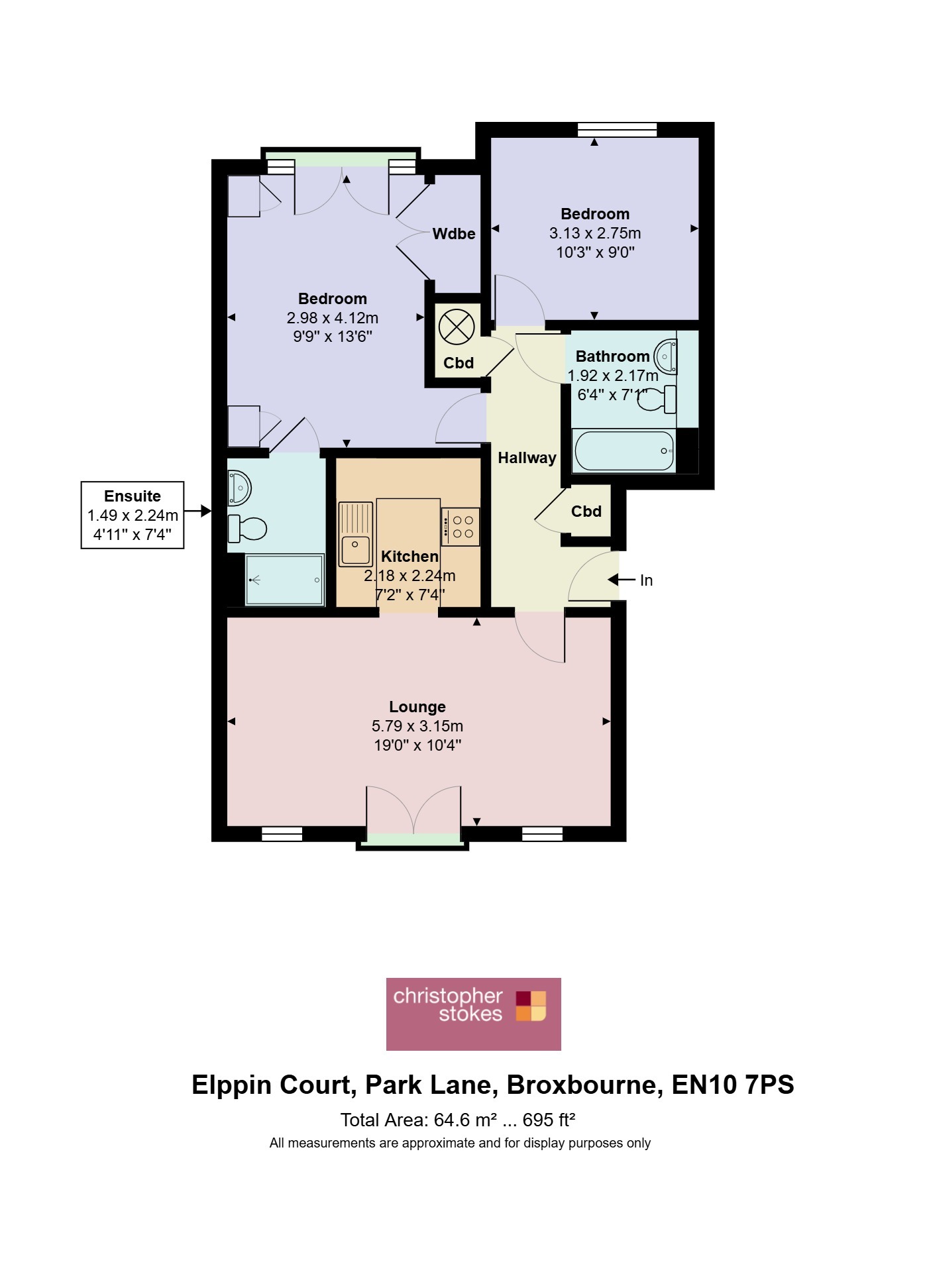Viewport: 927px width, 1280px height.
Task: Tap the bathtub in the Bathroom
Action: [624, 451]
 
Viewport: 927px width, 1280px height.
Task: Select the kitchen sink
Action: [356, 534]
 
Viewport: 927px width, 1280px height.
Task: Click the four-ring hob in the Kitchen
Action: [461, 527]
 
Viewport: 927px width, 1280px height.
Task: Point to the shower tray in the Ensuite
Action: [284, 580]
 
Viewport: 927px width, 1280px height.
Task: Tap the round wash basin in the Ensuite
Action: [239, 488]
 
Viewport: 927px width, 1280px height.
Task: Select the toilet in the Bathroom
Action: [658, 399]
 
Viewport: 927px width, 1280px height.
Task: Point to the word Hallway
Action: [527, 458]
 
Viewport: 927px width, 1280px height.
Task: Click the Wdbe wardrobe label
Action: [454, 234]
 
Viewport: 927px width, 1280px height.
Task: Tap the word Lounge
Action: [417, 707]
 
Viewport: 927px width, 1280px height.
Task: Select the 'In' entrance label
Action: [647, 580]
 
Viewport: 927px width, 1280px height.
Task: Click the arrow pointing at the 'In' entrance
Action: [622, 580]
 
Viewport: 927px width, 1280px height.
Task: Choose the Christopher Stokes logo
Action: [474, 1014]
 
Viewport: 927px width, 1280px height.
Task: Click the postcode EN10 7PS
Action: [733, 1085]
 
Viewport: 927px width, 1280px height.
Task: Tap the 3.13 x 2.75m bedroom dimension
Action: [595, 233]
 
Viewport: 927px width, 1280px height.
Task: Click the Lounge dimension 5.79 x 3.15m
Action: [417, 726]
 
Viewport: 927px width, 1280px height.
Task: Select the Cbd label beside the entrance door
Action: [586, 511]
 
